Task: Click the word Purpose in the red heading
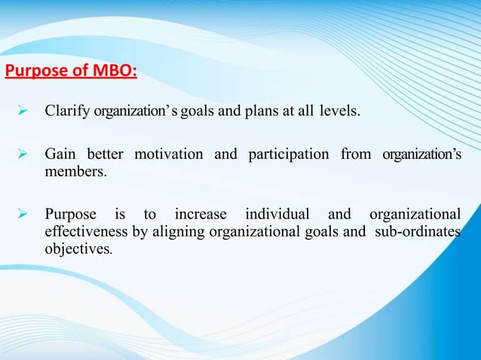point(37,72)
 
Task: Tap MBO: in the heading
point(112,72)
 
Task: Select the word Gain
point(60,154)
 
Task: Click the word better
point(105,154)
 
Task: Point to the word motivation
point(168,154)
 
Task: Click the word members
point(75,172)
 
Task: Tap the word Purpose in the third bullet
point(72,213)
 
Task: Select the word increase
point(201,213)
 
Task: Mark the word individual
point(277,213)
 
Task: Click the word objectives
point(78,249)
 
